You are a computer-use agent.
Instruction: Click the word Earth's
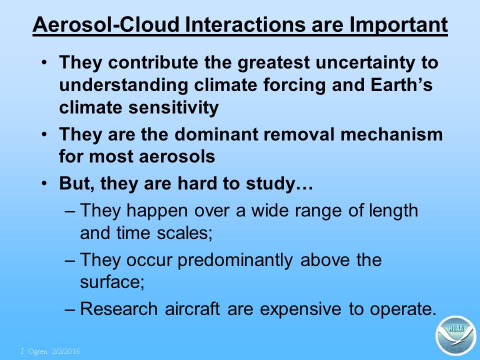(401, 84)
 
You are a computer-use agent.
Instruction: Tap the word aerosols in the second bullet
(177, 156)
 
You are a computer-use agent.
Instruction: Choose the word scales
(184, 233)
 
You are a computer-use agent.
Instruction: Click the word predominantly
(235, 260)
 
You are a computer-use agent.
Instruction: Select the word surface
(112, 282)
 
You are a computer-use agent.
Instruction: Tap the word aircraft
(192, 308)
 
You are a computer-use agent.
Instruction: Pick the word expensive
(300, 309)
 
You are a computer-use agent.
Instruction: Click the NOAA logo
(456, 335)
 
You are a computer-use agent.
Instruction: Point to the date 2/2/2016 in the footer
(66, 351)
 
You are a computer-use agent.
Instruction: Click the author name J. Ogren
(33, 351)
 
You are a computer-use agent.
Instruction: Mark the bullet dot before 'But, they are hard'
(44, 183)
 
